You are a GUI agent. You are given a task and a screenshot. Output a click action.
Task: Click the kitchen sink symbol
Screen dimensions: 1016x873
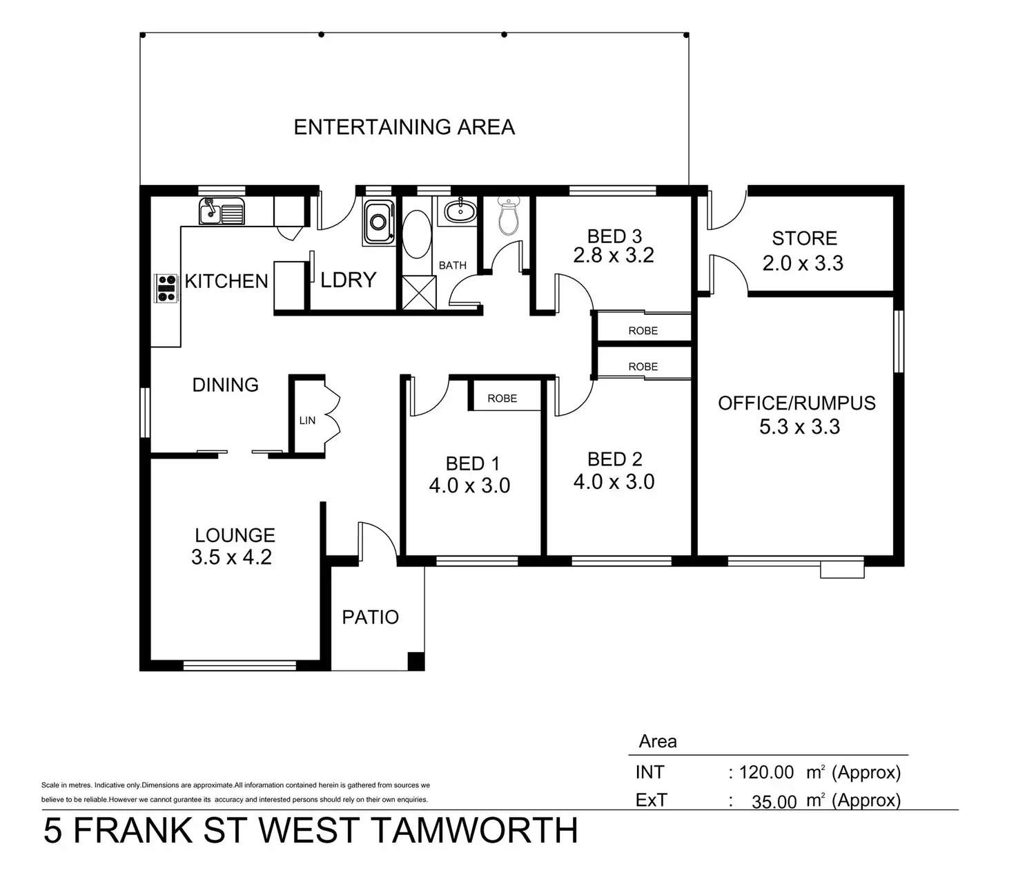point(222,211)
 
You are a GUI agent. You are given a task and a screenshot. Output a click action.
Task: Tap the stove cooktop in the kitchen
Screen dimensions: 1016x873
point(166,287)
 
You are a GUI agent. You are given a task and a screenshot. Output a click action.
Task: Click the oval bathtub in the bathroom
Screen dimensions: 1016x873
point(416,235)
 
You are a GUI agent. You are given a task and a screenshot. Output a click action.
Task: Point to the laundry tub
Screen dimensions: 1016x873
point(378,221)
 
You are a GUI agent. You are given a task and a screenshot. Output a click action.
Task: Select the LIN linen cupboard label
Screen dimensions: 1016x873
point(307,420)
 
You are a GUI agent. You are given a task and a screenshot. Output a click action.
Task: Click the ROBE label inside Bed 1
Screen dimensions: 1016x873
point(502,399)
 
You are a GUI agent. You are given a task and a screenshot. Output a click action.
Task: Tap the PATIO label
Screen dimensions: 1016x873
point(371,617)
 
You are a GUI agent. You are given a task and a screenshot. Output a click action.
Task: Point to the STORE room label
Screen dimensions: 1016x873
point(804,238)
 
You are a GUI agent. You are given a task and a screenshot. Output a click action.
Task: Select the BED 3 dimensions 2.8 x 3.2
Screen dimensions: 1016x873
point(614,256)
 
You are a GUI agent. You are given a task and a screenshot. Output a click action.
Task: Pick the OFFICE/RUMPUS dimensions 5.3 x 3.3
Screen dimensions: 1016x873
point(799,427)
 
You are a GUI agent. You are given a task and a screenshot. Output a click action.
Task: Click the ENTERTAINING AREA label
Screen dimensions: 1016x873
point(404,127)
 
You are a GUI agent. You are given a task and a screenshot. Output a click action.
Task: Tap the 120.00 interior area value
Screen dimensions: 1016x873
point(766,772)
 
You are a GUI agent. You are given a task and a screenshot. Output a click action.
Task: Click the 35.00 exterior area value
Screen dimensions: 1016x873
point(774,801)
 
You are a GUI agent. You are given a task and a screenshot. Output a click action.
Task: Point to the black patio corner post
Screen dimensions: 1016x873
point(416,661)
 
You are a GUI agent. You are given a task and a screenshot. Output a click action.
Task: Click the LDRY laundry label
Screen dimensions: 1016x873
point(348,280)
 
